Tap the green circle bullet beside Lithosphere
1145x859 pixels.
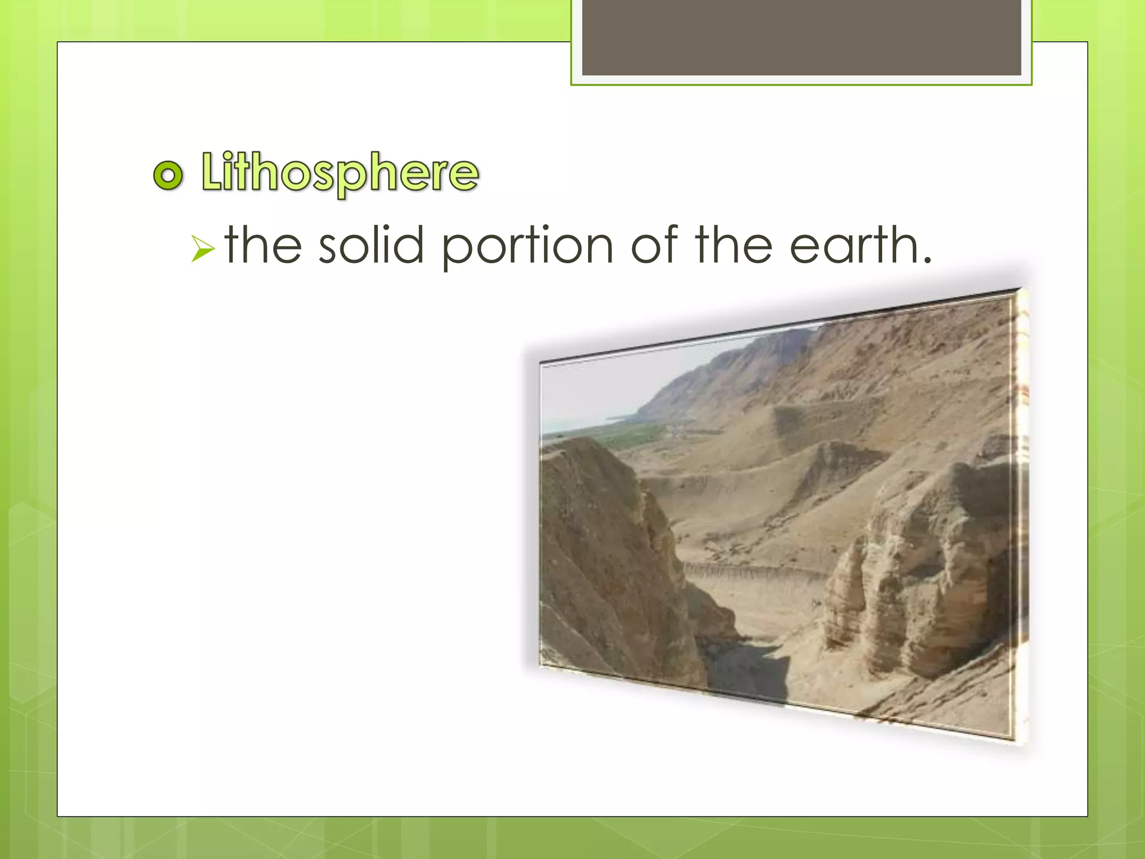pos(168,175)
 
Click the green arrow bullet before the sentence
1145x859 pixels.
pos(202,248)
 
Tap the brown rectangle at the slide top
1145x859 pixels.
pos(801,37)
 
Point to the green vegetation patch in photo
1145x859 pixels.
pos(632,433)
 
